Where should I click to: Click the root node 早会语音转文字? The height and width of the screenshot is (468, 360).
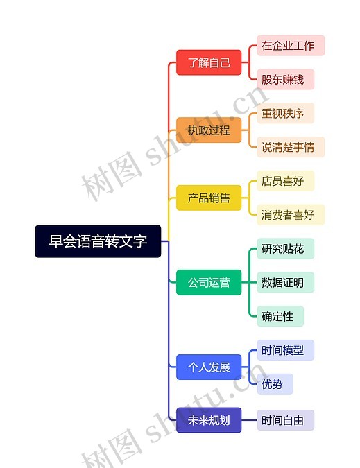tap(98, 241)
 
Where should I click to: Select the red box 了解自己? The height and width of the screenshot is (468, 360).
tap(209, 62)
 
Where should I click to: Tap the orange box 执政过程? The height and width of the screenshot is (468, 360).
tap(209, 130)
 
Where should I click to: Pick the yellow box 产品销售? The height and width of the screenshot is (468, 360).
tap(209, 198)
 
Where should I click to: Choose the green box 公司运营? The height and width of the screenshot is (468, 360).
tap(209, 282)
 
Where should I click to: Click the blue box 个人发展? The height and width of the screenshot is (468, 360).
tap(209, 367)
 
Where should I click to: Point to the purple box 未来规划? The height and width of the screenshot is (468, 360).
tap(209, 420)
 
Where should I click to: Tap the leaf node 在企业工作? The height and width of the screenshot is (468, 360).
tap(291, 45)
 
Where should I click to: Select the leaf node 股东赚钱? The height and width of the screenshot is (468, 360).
tap(285, 80)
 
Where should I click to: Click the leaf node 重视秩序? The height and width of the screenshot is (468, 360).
tap(285, 113)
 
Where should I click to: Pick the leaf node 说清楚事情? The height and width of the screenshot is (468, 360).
tap(291, 147)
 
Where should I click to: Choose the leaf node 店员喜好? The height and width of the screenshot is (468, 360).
tap(285, 181)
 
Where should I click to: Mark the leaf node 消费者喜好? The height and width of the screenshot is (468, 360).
tap(291, 215)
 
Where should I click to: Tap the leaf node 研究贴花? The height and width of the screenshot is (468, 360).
tap(285, 249)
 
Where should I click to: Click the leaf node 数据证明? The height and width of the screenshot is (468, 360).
tap(285, 282)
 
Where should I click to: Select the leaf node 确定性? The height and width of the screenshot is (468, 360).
tap(280, 316)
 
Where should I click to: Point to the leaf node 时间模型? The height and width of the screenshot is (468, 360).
tap(285, 350)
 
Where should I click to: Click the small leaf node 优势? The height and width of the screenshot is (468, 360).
tap(275, 384)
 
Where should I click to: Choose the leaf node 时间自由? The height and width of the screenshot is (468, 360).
tap(285, 420)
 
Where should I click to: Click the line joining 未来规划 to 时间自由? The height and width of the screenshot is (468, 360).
tap(249, 420)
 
